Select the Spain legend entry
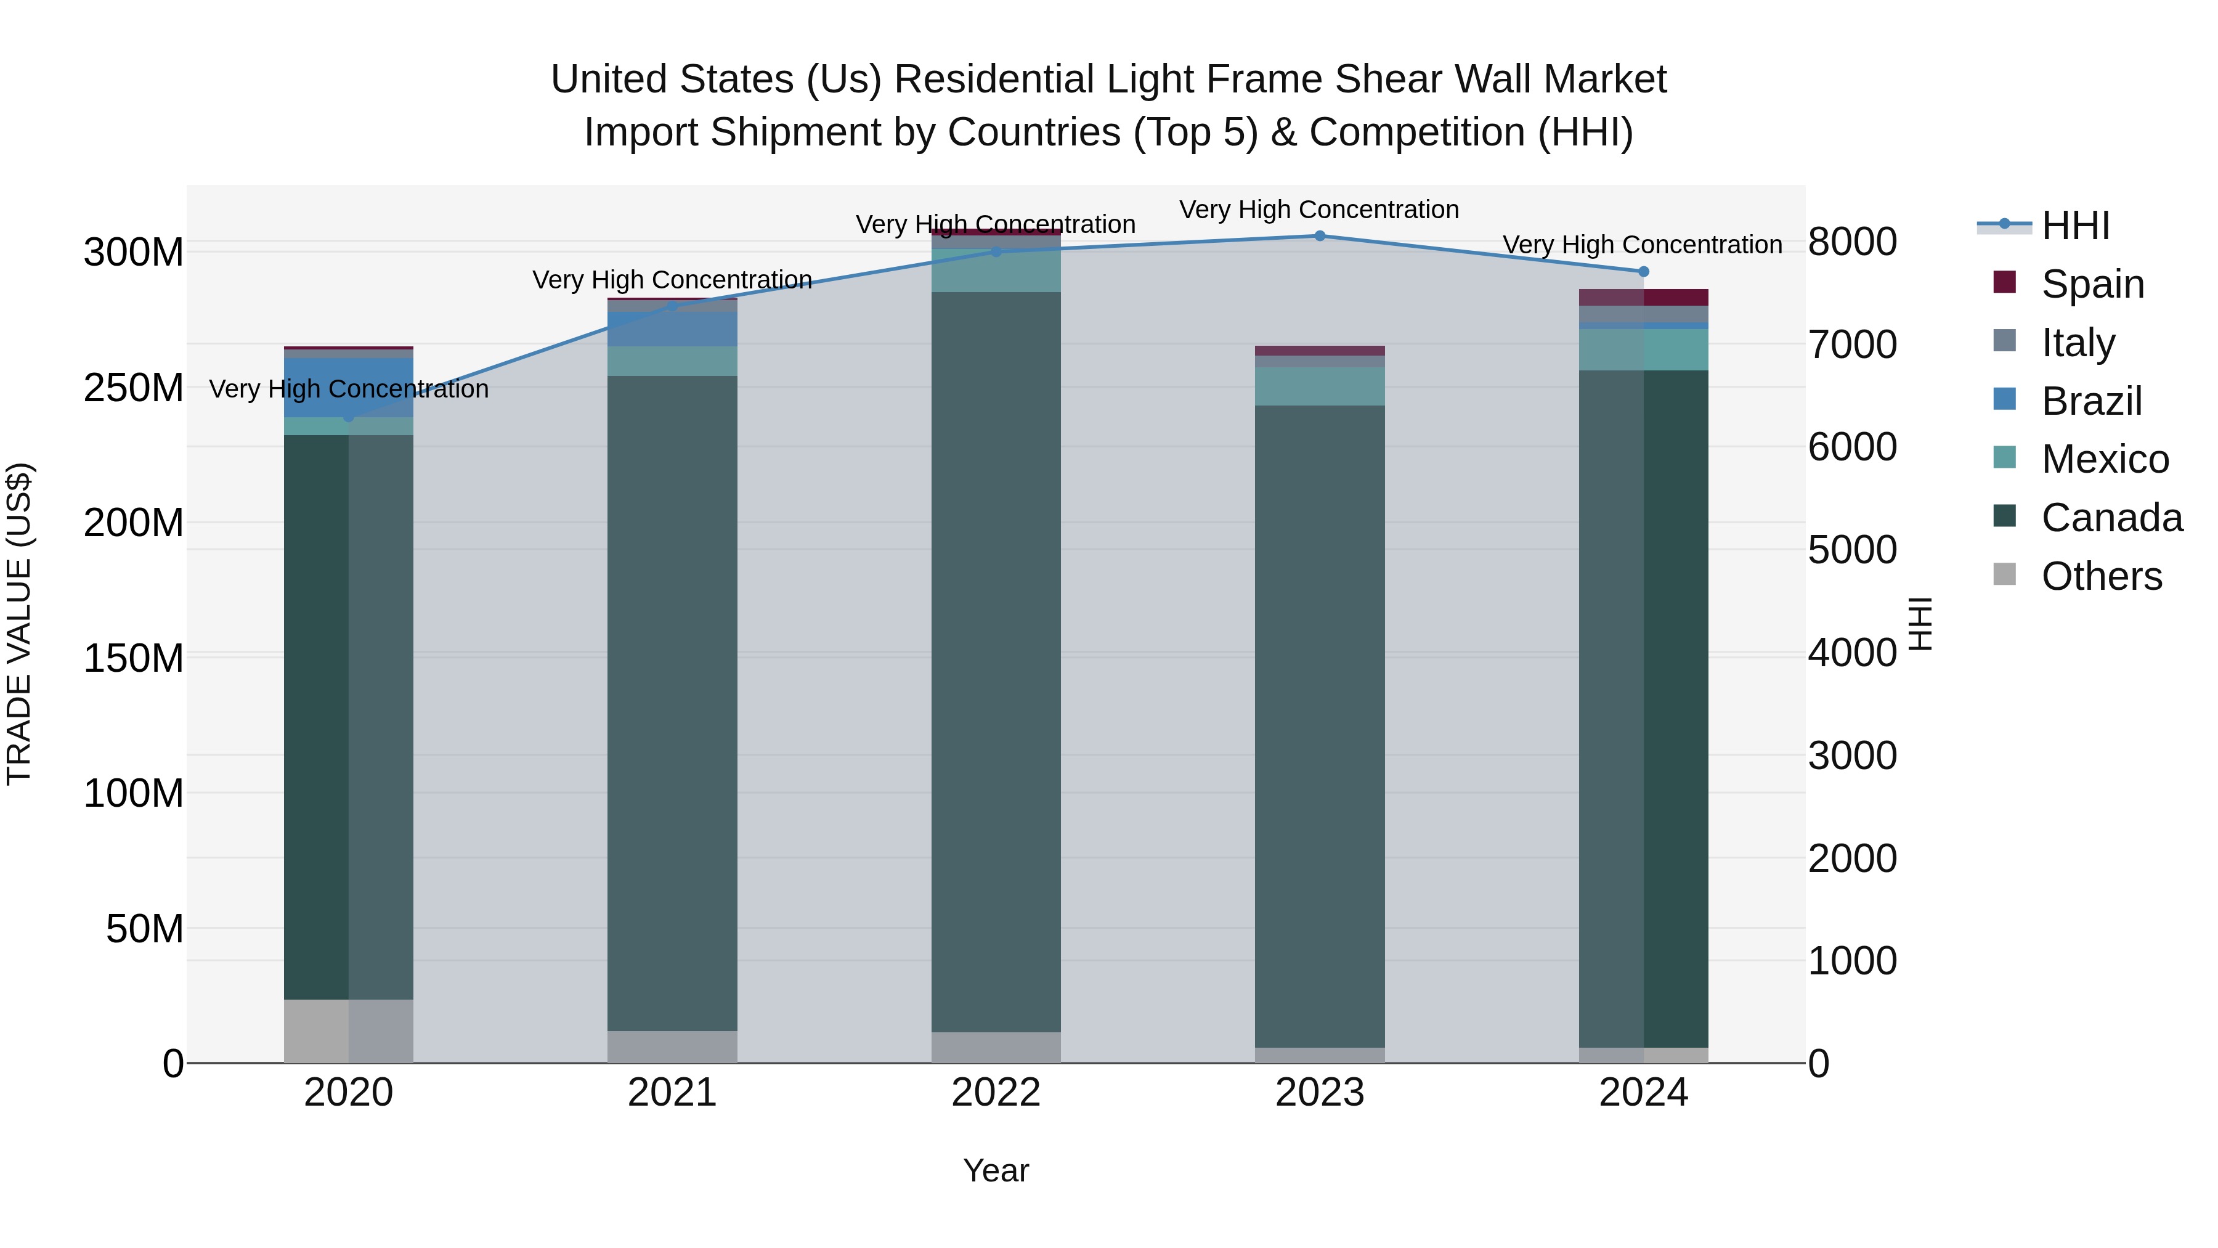(x=2092, y=284)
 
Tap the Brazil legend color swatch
(x=2004, y=399)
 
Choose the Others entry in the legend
(x=2100, y=576)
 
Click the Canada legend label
(x=2111, y=518)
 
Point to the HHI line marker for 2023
(x=1319, y=236)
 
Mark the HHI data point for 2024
(x=1643, y=271)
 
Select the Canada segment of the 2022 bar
(x=996, y=661)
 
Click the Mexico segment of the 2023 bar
(x=1319, y=386)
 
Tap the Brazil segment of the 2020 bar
(x=349, y=388)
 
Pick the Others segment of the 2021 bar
(x=672, y=1046)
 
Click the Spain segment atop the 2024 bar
(x=1643, y=297)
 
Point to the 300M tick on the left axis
(x=134, y=252)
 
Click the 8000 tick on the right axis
(x=1852, y=242)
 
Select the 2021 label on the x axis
(x=672, y=1093)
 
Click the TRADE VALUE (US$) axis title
(x=19, y=624)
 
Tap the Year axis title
(x=996, y=1170)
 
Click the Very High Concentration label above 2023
(x=1319, y=210)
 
